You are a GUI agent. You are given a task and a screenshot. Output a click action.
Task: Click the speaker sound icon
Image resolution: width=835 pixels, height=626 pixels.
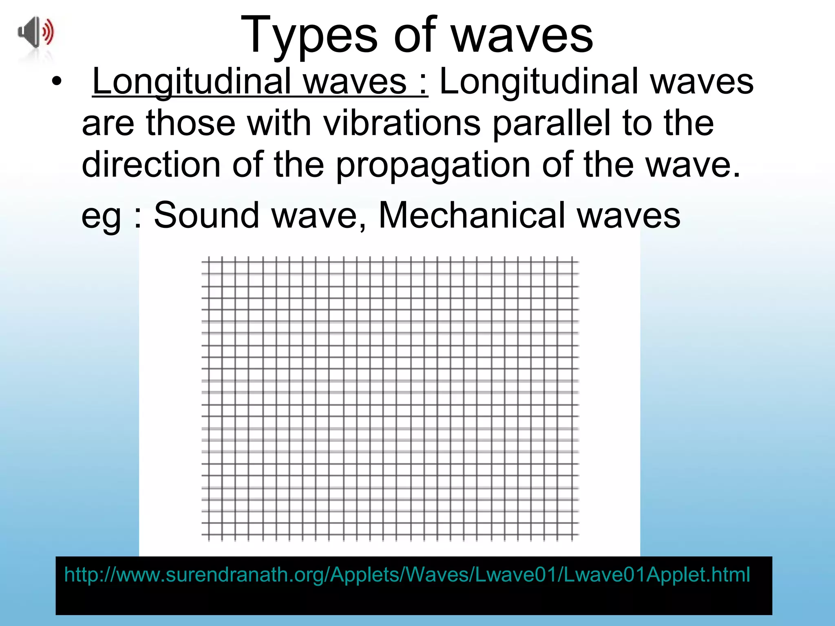click(x=36, y=32)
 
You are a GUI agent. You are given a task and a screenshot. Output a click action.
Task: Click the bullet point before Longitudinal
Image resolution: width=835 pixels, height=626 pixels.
click(x=57, y=82)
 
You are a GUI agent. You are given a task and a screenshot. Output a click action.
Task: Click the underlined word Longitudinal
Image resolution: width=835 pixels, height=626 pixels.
click(x=191, y=82)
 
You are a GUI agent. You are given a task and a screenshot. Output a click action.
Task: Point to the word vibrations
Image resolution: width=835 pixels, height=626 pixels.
click(x=402, y=123)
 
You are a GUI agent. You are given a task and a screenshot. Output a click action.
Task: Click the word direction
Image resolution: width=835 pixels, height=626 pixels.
click(x=151, y=165)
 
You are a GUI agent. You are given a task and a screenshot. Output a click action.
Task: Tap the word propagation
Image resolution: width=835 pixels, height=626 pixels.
click(x=433, y=165)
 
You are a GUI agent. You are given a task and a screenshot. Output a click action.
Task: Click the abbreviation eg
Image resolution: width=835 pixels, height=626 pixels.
click(x=101, y=216)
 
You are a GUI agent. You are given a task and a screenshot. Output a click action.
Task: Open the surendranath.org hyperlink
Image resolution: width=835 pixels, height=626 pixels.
click(x=407, y=575)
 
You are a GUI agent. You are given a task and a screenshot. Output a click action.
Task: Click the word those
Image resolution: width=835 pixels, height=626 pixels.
click(x=191, y=123)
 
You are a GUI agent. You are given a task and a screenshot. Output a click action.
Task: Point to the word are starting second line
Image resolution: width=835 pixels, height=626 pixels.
click(x=108, y=124)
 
